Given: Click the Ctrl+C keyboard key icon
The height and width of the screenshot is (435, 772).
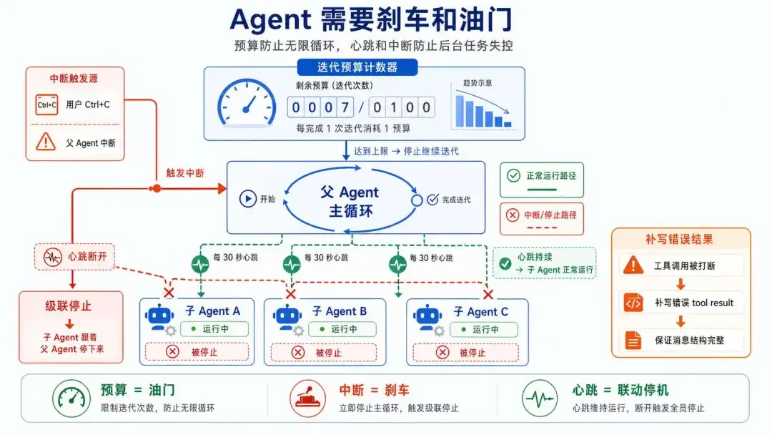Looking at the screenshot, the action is (46, 105).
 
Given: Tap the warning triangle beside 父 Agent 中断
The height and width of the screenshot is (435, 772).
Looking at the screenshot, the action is (46, 142).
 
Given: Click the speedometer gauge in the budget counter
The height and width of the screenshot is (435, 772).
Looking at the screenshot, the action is (247, 102).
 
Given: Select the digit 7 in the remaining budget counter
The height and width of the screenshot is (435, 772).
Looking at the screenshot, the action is (345, 107).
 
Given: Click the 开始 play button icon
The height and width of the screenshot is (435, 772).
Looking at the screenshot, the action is (247, 198).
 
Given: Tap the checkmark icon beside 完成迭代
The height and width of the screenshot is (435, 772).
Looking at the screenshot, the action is (432, 199).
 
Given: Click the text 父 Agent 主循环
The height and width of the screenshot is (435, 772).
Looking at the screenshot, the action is (350, 201).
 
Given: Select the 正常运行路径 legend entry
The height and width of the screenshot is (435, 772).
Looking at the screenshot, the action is (542, 180).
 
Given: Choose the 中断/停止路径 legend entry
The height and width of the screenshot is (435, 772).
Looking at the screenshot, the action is (542, 219).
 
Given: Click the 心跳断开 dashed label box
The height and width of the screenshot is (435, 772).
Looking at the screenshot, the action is (74, 257).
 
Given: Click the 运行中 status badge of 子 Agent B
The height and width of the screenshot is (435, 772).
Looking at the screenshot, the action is (342, 328).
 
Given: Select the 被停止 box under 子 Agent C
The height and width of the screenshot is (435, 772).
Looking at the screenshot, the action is (466, 352).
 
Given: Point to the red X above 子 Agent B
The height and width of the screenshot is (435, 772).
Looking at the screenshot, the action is (290, 294).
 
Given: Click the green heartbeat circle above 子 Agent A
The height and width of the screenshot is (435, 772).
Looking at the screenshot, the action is (200, 265).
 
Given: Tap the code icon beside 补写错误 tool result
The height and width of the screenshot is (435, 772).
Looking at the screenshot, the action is (633, 303).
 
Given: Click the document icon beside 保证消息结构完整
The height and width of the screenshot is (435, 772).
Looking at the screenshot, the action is (633, 340).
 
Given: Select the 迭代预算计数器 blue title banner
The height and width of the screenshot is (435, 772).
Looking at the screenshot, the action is (357, 67).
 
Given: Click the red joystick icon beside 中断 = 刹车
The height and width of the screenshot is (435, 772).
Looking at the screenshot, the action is (307, 398).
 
